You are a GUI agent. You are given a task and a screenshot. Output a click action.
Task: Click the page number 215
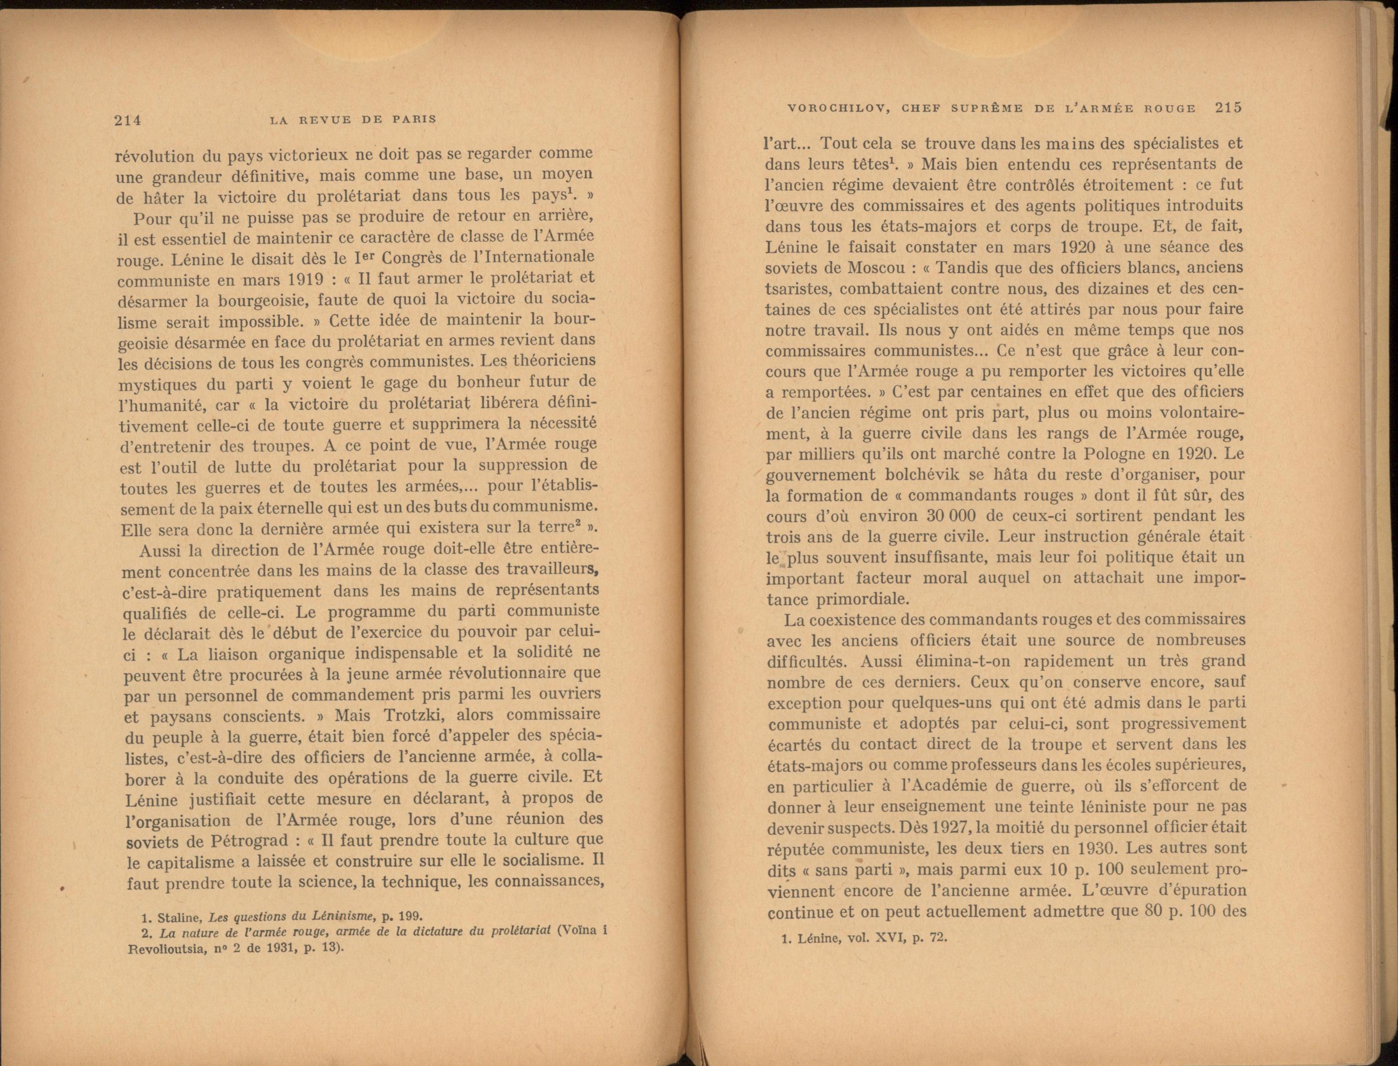click(1228, 108)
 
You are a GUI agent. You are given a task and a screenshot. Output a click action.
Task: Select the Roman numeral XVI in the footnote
click(894, 938)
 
